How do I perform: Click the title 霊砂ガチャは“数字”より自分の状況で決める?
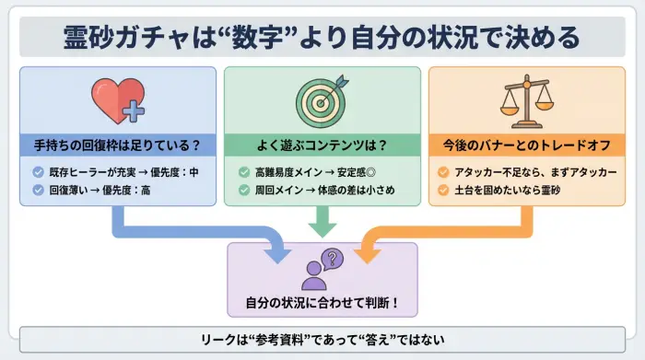(x=322, y=38)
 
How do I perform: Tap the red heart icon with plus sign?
(x=116, y=99)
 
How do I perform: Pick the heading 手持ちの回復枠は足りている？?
(x=116, y=145)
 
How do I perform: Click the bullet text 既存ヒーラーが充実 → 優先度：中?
(x=123, y=172)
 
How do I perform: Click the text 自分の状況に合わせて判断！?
(x=322, y=302)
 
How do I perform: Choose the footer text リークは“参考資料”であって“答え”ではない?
(x=322, y=339)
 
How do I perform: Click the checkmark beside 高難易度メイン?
(x=243, y=172)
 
